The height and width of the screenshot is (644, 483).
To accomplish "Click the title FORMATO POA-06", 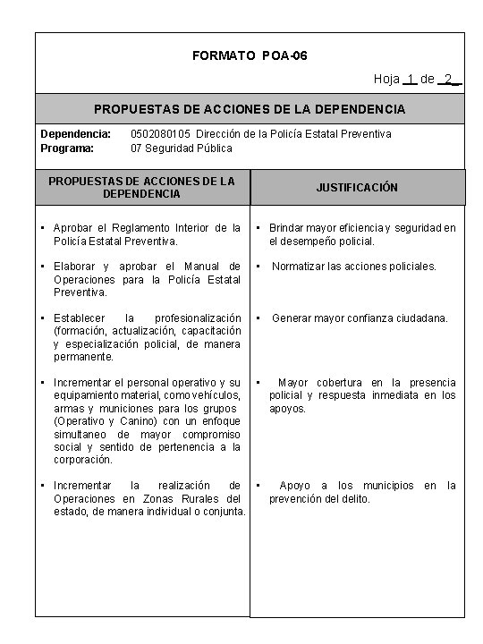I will click(x=250, y=56).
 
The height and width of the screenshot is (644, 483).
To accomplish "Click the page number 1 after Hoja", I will click(x=409, y=80).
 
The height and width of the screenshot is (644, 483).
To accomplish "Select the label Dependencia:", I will click(x=75, y=134).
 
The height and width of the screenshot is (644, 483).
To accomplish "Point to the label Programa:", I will click(x=67, y=148).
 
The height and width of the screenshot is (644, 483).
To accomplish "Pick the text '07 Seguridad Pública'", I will click(x=182, y=148).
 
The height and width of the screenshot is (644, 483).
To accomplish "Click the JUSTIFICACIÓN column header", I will click(x=357, y=188).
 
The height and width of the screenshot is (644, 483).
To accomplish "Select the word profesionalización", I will click(x=198, y=318).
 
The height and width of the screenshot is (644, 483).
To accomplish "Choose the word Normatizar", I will click(x=301, y=267).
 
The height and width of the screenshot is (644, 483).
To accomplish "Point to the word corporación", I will click(x=83, y=460).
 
